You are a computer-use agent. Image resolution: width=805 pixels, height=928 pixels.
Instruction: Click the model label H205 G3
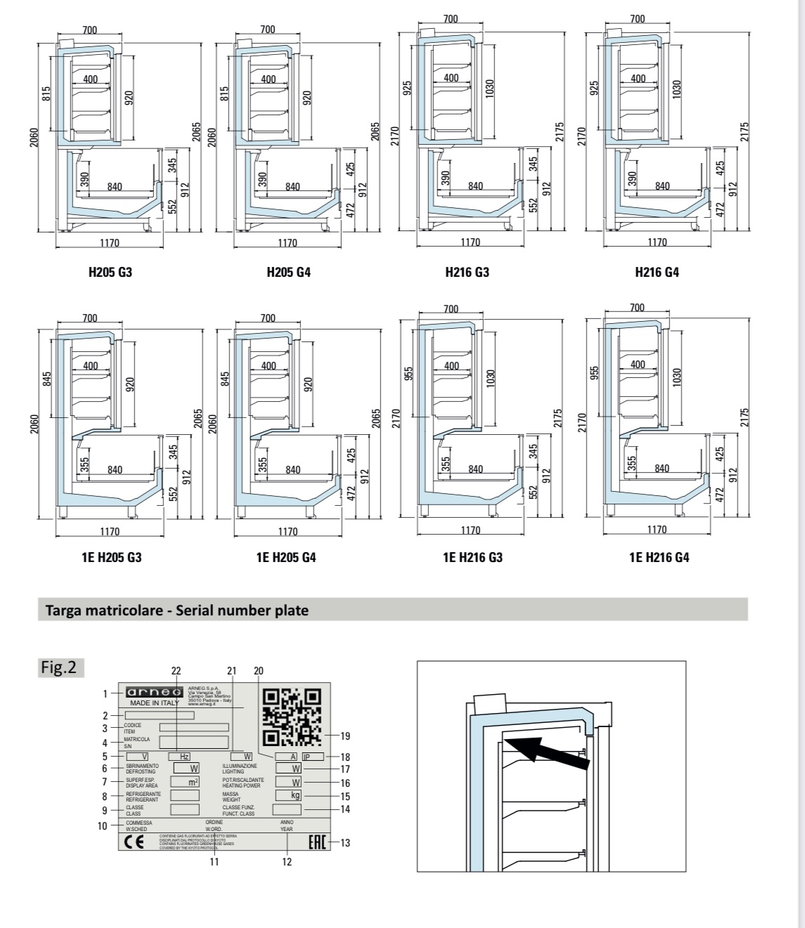[110, 272]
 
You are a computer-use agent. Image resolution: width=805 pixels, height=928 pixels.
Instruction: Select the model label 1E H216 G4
[659, 557]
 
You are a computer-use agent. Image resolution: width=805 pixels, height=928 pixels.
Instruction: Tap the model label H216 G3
[467, 272]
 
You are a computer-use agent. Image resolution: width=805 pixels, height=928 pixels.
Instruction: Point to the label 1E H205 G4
[286, 557]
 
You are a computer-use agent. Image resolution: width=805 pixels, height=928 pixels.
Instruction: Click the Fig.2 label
[61, 667]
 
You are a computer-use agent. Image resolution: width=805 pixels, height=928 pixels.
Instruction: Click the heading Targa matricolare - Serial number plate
[176, 610]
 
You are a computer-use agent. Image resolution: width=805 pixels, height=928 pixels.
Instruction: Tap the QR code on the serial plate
[291, 716]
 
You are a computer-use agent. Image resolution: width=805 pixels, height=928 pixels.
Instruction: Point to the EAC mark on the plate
[318, 842]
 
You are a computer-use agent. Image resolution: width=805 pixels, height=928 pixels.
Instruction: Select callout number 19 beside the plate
[344, 736]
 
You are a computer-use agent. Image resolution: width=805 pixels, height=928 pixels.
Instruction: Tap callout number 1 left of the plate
[105, 693]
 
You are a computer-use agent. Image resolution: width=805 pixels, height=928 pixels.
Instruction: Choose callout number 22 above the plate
[176, 671]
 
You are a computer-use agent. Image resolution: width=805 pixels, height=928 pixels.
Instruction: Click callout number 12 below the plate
[287, 862]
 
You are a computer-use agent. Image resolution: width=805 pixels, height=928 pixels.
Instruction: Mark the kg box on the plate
[288, 795]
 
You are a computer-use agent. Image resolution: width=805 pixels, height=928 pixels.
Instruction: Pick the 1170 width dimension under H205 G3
[109, 243]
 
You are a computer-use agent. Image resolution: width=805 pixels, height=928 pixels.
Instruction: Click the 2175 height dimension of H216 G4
[745, 132]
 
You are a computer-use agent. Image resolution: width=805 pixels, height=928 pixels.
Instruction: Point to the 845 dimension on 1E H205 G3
[47, 379]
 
